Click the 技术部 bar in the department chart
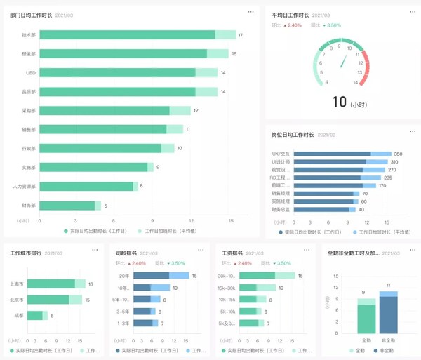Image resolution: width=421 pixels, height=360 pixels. (x=126, y=35)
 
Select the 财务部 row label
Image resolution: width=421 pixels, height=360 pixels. (x=29, y=206)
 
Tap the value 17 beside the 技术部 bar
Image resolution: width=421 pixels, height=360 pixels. (x=241, y=35)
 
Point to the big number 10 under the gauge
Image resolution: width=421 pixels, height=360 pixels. (x=340, y=102)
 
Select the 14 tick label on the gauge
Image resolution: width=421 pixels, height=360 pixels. (x=356, y=82)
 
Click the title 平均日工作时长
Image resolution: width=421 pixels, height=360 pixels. (x=290, y=14)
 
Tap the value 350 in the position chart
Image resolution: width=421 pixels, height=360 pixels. (x=398, y=154)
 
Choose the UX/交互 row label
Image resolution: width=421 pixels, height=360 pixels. (x=281, y=154)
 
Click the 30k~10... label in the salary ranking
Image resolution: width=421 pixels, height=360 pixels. (x=227, y=276)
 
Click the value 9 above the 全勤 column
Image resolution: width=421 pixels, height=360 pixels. (x=363, y=292)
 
